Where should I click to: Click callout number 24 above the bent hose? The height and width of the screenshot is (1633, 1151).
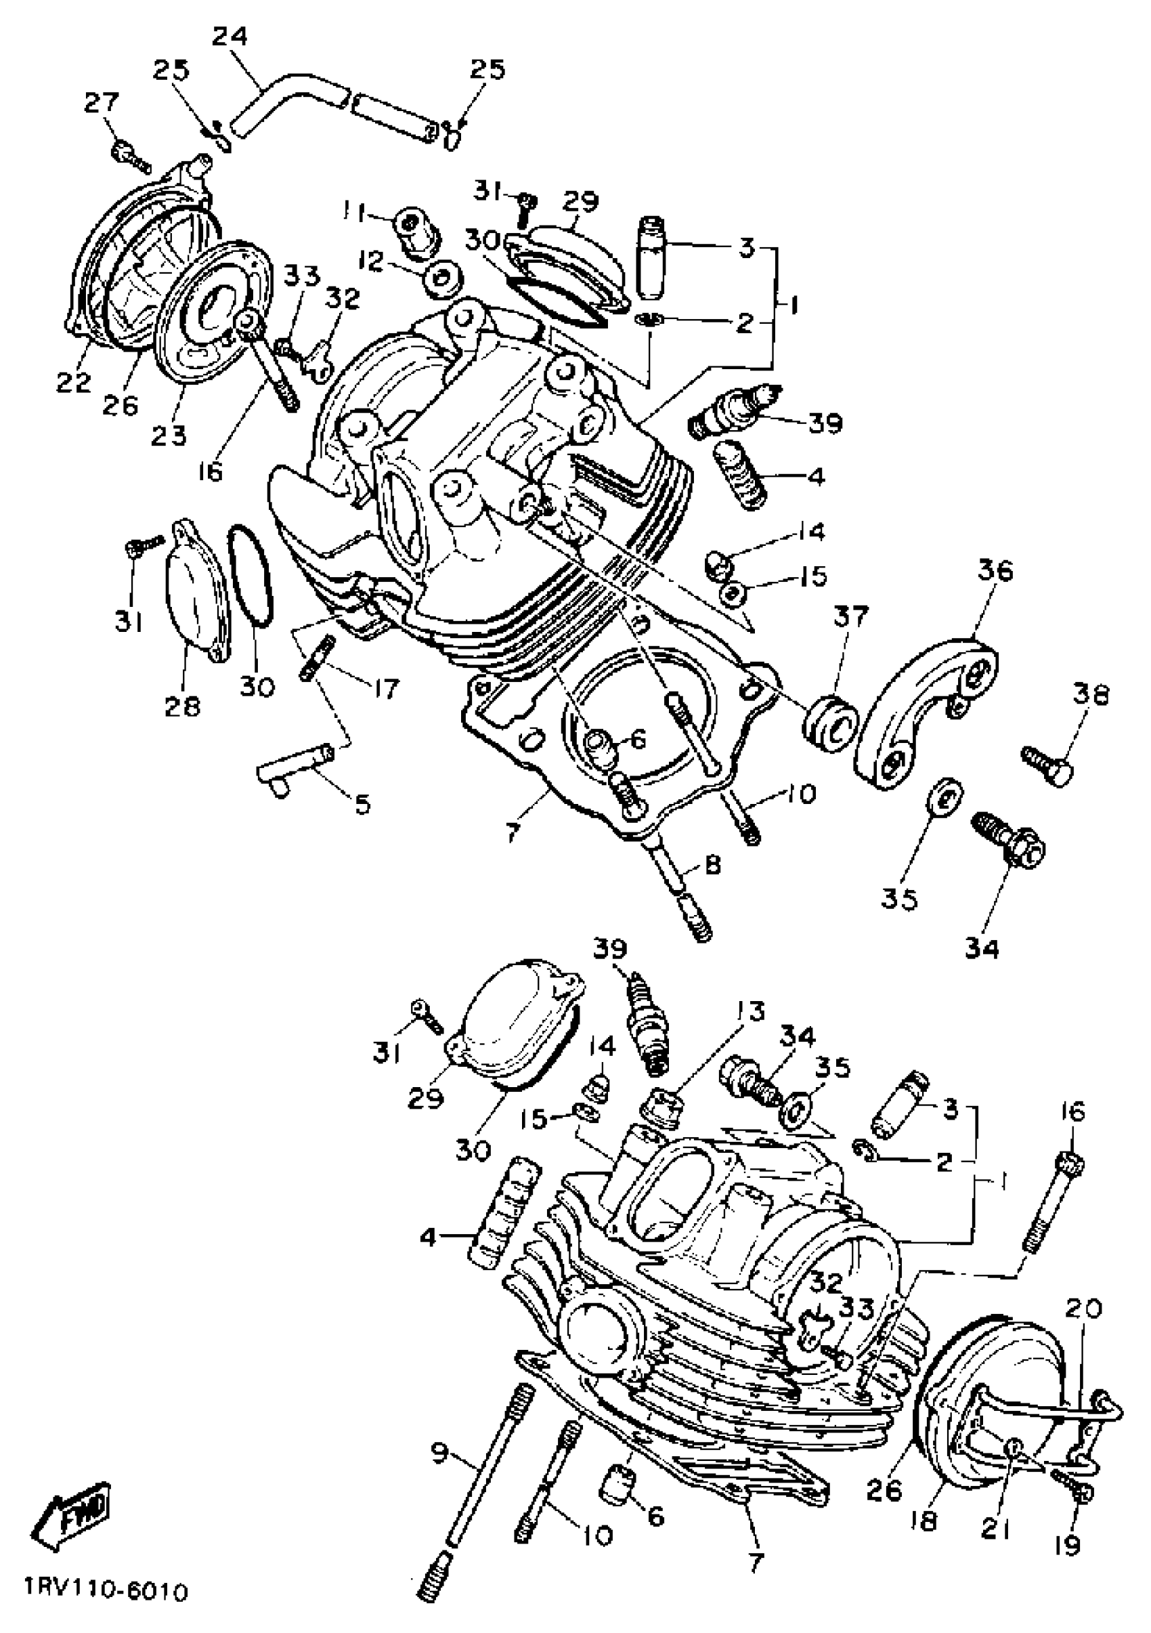coord(230,37)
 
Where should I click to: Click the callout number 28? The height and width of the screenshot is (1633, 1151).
coord(182,706)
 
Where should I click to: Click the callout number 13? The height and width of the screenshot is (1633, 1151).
coord(750,1011)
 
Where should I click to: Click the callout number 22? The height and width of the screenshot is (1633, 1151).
coord(74,381)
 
